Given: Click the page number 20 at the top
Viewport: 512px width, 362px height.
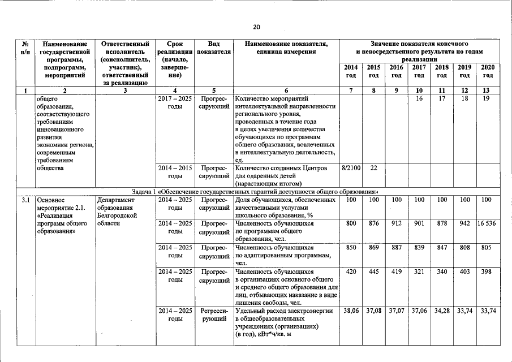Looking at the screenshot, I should [x=256, y=27].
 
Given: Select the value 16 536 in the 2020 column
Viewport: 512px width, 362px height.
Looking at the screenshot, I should [x=487, y=223].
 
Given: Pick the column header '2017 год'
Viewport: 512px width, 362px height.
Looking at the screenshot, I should [x=419, y=71].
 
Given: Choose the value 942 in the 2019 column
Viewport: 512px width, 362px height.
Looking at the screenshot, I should [x=464, y=223].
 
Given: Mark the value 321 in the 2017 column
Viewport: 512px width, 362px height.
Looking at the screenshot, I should [x=419, y=271].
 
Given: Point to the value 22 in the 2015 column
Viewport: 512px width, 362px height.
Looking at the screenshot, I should [x=373, y=168].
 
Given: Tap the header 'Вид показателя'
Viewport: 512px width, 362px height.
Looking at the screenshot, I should [x=214, y=48].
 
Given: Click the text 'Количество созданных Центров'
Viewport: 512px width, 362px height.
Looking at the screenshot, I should [x=277, y=168].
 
